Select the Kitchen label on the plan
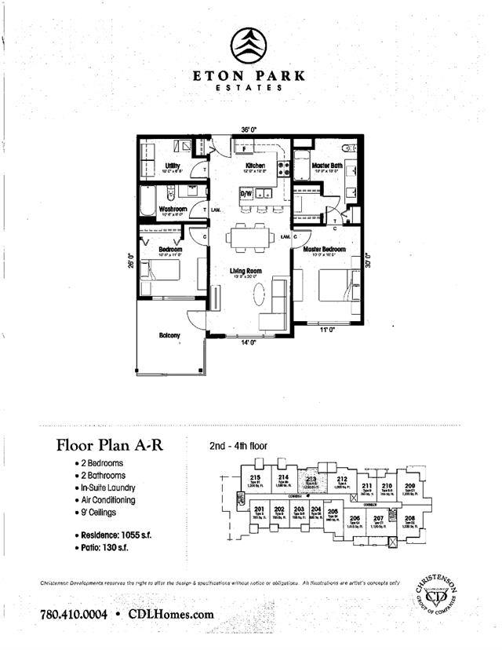(255, 166)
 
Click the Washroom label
(172, 210)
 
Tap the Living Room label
(245, 271)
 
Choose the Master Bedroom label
(325, 249)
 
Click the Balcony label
(169, 336)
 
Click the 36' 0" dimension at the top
(250, 130)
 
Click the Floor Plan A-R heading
(110, 445)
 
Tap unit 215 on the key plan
(255, 480)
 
